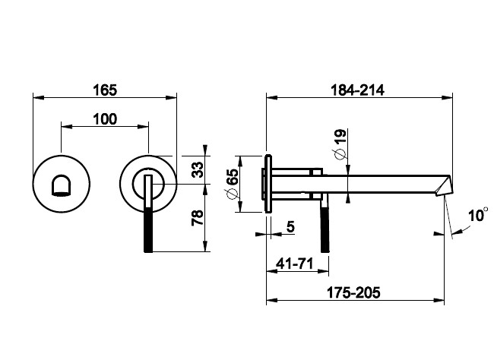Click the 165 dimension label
106,90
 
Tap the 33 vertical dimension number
197,169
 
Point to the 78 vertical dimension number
197,218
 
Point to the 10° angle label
477,216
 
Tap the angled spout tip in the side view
444,186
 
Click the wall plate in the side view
268,185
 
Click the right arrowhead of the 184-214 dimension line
451,97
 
